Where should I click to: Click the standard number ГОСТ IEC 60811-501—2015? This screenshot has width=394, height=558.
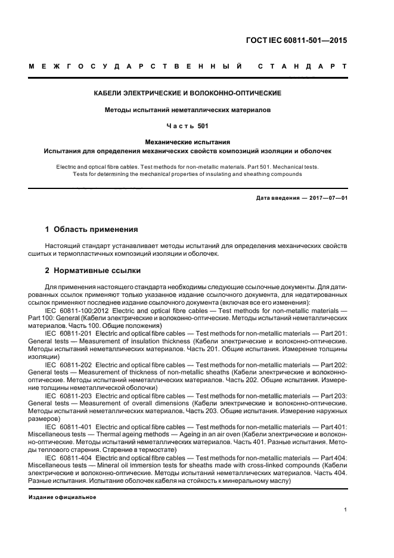(296, 41)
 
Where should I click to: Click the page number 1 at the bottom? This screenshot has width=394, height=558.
(346, 510)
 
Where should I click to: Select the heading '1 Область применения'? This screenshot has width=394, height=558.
(92, 229)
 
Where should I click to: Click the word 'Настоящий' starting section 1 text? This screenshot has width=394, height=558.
(63, 246)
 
